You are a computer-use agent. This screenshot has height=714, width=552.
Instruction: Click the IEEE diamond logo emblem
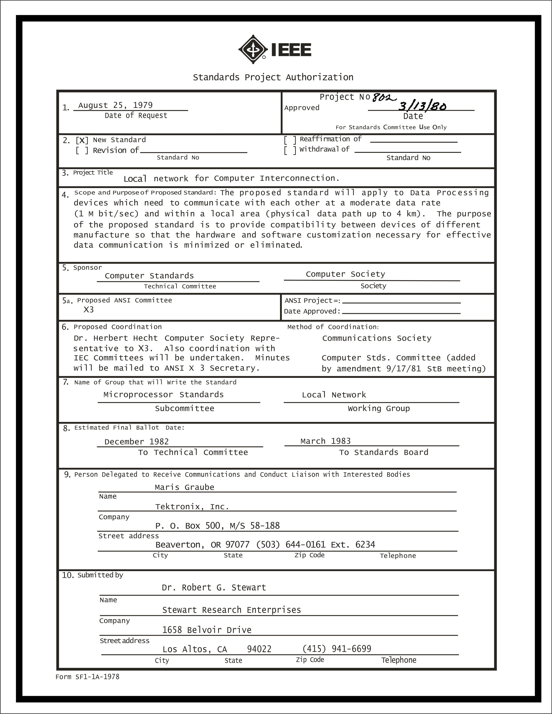(x=253, y=49)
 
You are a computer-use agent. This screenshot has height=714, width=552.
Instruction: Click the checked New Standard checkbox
(x=82, y=141)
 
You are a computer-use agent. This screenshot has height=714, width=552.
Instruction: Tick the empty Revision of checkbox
(x=82, y=151)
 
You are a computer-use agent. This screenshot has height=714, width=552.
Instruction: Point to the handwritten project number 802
(x=384, y=97)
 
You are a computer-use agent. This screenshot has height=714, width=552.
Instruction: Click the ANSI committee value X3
(x=89, y=310)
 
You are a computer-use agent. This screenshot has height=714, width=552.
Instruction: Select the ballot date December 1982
(x=136, y=442)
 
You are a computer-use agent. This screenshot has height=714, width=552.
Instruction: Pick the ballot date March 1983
(x=325, y=441)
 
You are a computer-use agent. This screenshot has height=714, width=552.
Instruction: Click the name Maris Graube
(x=184, y=487)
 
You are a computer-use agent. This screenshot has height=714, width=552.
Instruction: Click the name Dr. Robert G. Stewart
(x=214, y=588)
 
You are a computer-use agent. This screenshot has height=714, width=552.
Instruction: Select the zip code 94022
(x=259, y=649)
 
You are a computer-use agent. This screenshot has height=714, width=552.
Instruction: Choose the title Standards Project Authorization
(x=273, y=77)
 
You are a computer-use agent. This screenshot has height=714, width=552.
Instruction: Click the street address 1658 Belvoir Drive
(x=207, y=630)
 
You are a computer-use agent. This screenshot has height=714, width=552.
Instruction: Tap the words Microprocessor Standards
(x=163, y=395)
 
